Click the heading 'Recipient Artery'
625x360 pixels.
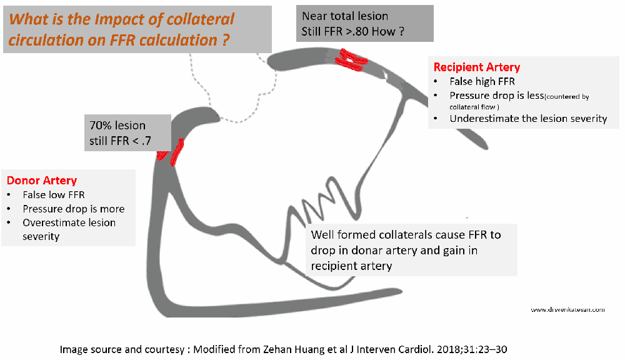pyautogui.click(x=476, y=67)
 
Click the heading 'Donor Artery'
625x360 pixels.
pyautogui.click(x=42, y=181)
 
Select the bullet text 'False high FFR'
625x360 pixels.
pyautogui.click(x=481, y=82)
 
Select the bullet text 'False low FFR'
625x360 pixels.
pyautogui.click(x=54, y=195)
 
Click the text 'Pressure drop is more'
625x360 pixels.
pyautogui.click(x=73, y=209)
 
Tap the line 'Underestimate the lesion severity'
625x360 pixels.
pyautogui.click(x=528, y=118)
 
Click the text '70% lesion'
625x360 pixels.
pyautogui.click(x=117, y=125)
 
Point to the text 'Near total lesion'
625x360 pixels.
pyautogui.click(x=345, y=16)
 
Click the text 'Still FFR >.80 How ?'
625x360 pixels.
pyautogui.click(x=349, y=32)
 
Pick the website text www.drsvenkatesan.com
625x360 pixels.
pyautogui.click(x=568, y=309)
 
